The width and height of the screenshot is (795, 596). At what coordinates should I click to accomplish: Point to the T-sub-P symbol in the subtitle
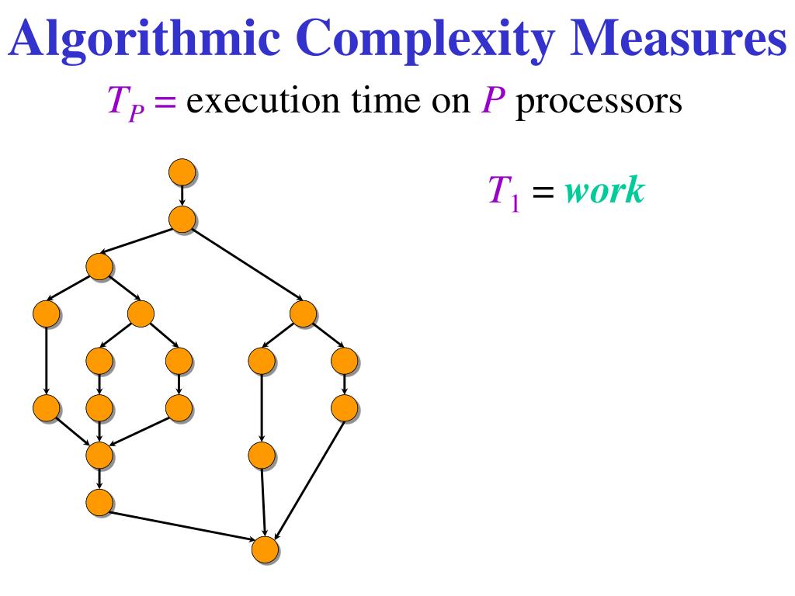pos(120,102)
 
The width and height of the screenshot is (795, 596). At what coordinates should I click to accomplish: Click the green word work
pos(605,192)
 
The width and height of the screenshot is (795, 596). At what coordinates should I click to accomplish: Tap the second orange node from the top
pos(182,219)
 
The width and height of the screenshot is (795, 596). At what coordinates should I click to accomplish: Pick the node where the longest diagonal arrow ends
pos(303,313)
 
